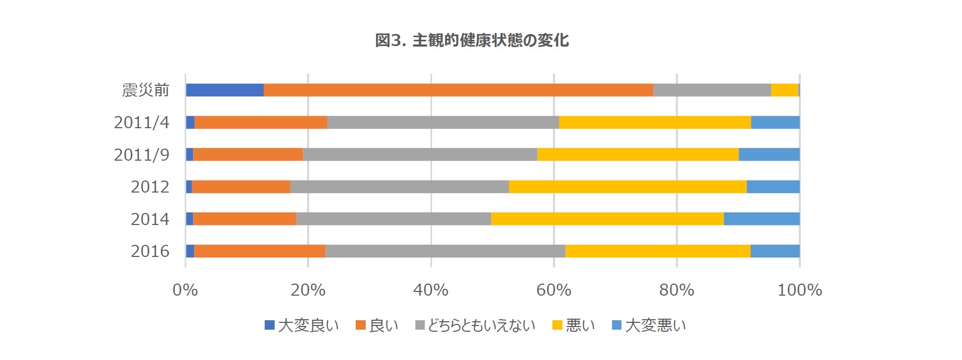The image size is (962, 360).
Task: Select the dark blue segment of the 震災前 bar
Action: click(224, 90)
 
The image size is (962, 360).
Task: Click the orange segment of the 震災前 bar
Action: click(458, 90)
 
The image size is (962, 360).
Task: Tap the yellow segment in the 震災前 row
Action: click(785, 90)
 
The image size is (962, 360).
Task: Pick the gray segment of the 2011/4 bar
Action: click(443, 122)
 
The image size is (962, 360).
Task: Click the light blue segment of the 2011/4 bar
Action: click(775, 122)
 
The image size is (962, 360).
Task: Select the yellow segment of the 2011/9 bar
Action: click(638, 154)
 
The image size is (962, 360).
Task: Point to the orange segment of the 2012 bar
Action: click(241, 187)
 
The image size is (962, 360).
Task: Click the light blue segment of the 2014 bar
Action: click(762, 219)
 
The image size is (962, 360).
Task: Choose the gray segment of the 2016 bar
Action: click(445, 251)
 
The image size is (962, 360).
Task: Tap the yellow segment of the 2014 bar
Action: click(607, 219)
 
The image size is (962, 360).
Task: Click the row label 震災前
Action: click(145, 90)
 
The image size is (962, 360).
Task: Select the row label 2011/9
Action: click(141, 154)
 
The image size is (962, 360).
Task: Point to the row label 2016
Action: click(150, 251)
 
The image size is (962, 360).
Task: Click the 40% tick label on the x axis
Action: click(431, 290)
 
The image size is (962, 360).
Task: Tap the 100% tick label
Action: click(799, 290)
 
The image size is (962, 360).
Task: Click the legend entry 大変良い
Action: click(302, 325)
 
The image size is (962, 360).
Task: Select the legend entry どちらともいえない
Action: click(475, 325)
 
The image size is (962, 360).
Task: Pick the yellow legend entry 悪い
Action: click(574, 325)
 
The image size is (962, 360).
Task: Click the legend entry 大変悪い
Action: click(649, 325)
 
